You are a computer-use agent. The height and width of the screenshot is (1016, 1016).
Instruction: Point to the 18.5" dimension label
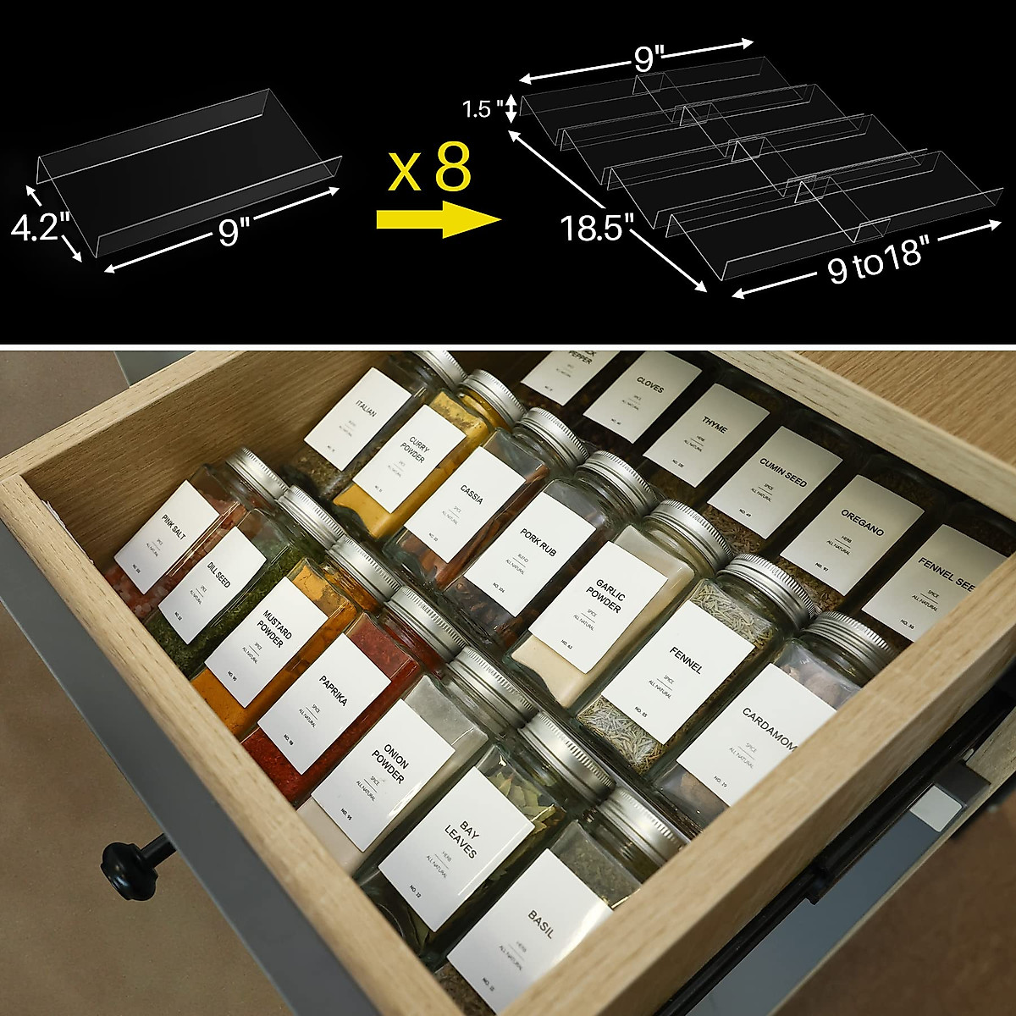coord(597,228)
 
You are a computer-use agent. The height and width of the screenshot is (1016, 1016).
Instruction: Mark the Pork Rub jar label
coord(530,553)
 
